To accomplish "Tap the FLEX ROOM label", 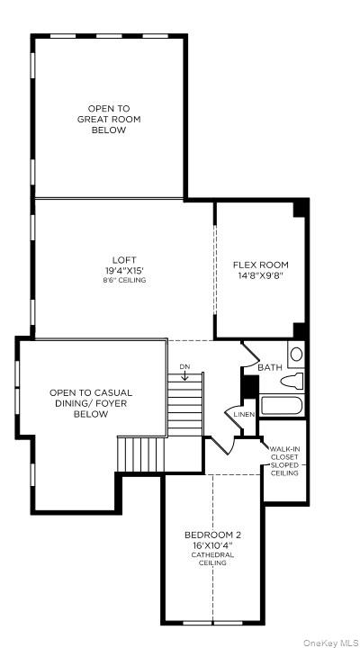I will pos(261,265).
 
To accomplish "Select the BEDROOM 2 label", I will pos(213,535).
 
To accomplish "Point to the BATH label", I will pos(270,367).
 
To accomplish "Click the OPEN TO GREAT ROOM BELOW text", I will pos(109,119).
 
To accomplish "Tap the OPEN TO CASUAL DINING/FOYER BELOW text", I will pos(91,403).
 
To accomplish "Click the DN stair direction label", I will pos(184,366).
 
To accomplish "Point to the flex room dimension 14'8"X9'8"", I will pos(261,275).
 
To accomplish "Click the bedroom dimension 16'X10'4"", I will pos(213,544).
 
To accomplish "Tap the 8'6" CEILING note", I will pos(124,281).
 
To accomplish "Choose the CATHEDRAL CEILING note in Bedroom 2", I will pos(213,559).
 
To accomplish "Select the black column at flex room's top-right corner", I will pos(301,207).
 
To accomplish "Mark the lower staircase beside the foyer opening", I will pos(140,452).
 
